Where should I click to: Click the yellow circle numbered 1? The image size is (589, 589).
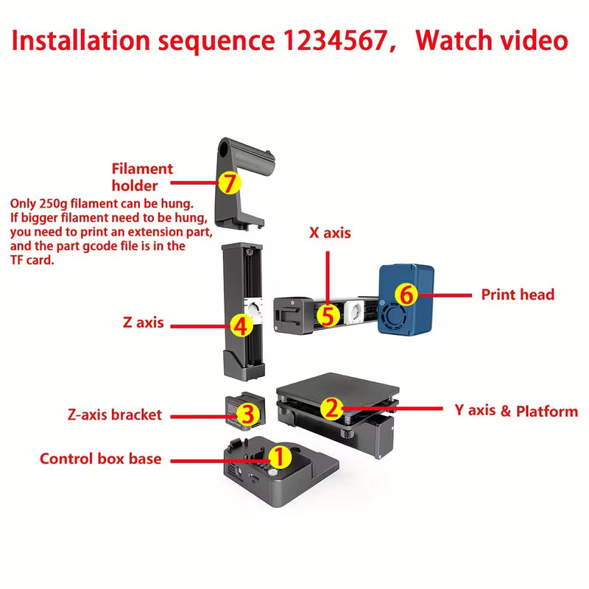[278, 457]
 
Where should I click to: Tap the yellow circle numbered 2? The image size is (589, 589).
[332, 407]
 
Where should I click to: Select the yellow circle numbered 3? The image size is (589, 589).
[248, 413]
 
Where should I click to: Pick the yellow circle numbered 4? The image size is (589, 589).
[239, 323]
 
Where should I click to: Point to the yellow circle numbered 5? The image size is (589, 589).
[329, 315]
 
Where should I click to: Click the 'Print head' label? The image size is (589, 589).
[518, 294]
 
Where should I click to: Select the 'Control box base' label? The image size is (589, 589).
[100, 459]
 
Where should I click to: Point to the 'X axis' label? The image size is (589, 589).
[329, 233]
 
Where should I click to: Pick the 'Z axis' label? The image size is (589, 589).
[143, 322]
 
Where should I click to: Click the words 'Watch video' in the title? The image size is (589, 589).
[491, 40]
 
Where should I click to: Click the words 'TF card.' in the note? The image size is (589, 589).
[33, 260]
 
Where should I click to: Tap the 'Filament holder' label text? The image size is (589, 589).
[142, 177]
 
